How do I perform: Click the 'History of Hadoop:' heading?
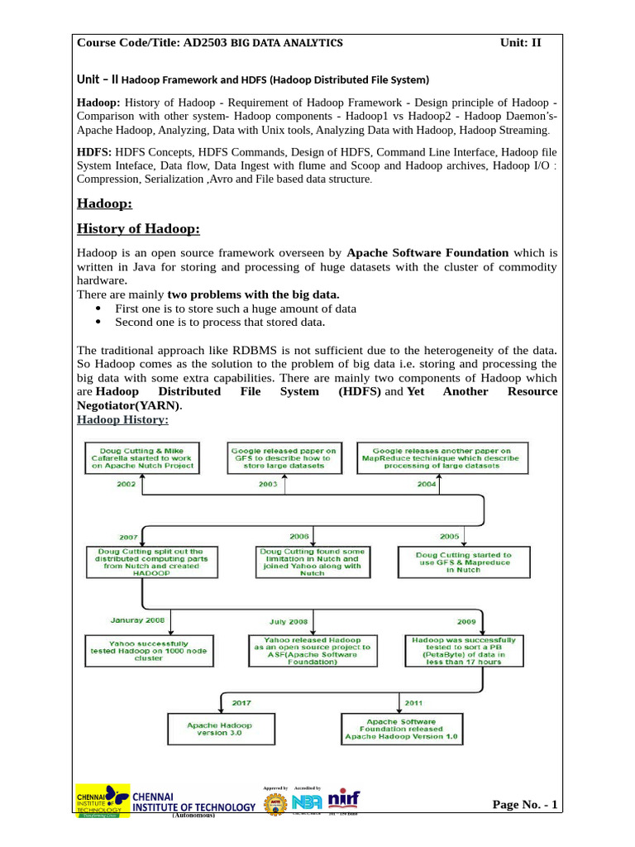coord(138,229)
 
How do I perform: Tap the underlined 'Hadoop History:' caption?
coord(122,420)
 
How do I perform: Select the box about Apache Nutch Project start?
coord(144,458)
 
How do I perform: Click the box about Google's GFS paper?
coord(284,458)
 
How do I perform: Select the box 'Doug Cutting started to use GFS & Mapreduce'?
coord(463,562)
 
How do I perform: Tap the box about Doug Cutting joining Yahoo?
coord(312,562)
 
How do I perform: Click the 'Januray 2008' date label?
coord(138,620)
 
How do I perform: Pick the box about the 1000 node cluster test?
coord(150,651)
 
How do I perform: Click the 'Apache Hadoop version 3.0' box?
coord(219,729)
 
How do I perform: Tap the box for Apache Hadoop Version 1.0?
coord(401,729)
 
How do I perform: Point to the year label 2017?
coord(241,702)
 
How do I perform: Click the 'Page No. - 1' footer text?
coord(525,805)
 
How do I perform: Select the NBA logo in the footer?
coord(307,802)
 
